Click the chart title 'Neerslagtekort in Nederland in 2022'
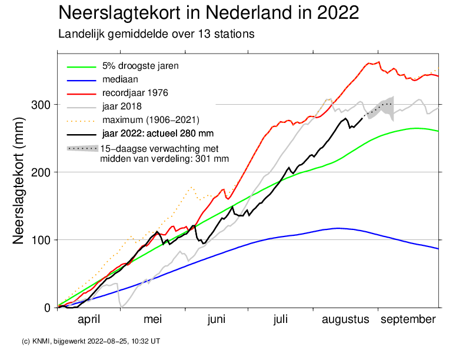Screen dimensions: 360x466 (x=209, y=13)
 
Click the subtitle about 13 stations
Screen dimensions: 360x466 (x=156, y=34)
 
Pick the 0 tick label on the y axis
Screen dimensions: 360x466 (x=49, y=308)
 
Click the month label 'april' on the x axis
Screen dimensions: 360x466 (x=89, y=319)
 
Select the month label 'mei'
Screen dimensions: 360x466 (x=152, y=319)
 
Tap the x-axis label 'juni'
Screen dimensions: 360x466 (x=217, y=319)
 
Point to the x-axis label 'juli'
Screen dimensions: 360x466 (x=281, y=319)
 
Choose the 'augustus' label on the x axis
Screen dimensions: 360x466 (x=346, y=319)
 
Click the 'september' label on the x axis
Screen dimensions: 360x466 (x=408, y=319)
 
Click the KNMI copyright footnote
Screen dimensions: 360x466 (x=90, y=341)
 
